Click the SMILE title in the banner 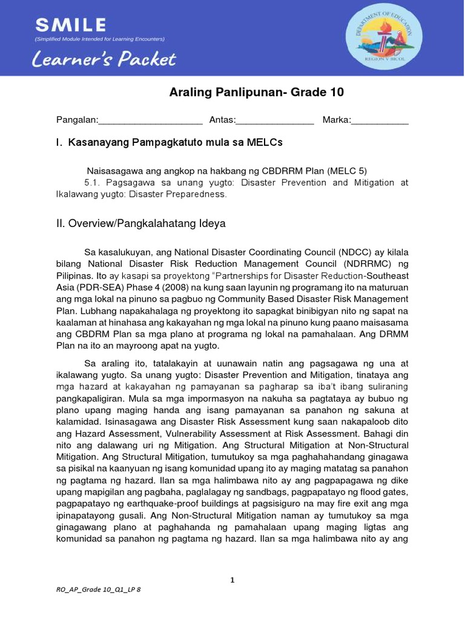pos(71,25)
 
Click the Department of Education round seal pos(380,38)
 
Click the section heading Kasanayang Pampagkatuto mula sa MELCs pos(176,143)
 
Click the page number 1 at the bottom pos(232,580)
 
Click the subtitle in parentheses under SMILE pos(99,39)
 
